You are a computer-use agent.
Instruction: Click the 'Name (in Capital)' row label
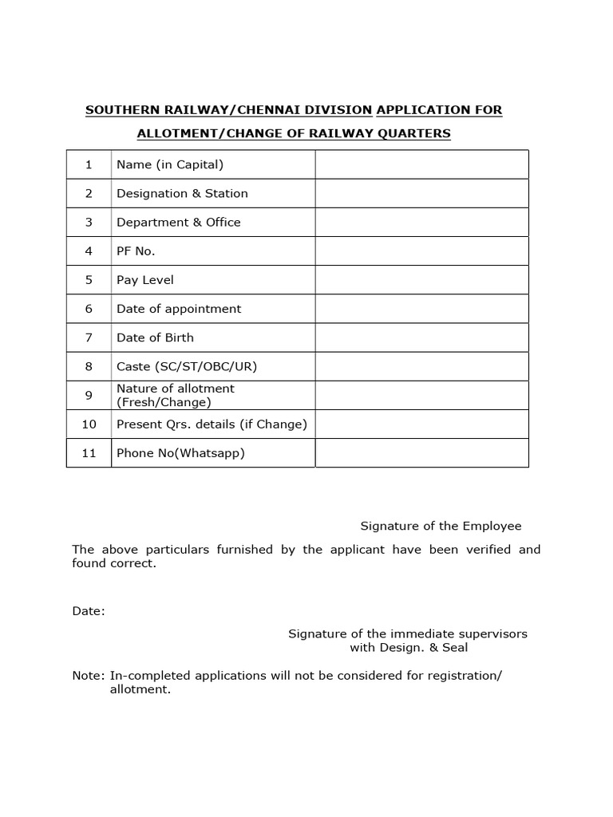point(170,164)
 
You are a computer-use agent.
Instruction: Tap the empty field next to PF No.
point(421,251)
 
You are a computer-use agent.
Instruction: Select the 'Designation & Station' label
point(182,193)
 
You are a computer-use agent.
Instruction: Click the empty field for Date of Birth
point(421,337)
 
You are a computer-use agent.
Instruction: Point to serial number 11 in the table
point(89,453)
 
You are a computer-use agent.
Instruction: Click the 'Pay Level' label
point(145,280)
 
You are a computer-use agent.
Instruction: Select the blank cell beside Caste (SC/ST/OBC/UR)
point(421,366)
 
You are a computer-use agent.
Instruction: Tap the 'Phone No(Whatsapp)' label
point(180,453)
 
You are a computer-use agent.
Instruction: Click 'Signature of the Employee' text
point(441,526)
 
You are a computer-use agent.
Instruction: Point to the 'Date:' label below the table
point(88,611)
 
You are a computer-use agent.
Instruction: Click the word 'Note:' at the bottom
point(88,675)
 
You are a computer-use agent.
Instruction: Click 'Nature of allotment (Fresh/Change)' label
point(176,395)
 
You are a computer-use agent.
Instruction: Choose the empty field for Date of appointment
point(421,309)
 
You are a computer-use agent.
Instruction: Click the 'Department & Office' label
point(179,222)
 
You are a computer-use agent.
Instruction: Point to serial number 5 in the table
point(89,280)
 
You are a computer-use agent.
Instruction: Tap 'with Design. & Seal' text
point(409,647)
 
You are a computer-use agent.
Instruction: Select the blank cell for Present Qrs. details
point(421,424)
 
